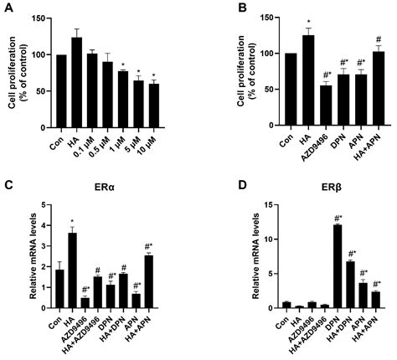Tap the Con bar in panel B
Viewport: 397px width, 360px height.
click(x=266, y=83)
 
